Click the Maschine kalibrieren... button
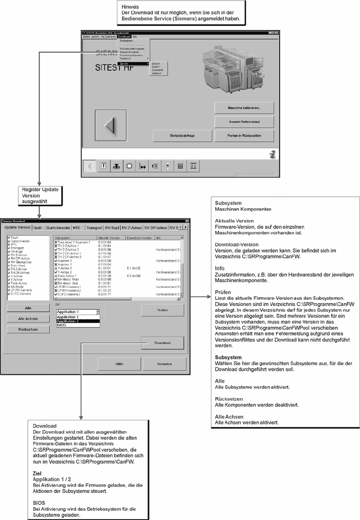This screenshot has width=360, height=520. (x=244, y=108)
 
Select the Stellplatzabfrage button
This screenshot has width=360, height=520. (x=182, y=136)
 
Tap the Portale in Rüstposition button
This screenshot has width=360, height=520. (x=244, y=136)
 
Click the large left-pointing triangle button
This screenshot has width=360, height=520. (x=110, y=125)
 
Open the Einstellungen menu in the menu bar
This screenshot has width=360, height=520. (x=124, y=36)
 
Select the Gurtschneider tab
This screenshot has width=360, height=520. (x=58, y=228)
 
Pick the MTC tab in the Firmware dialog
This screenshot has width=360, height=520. (x=77, y=228)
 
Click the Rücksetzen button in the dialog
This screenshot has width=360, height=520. (x=28, y=329)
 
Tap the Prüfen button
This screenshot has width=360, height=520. (x=162, y=310)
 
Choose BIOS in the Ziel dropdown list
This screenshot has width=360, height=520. (x=61, y=325)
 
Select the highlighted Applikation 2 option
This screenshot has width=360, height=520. (x=68, y=321)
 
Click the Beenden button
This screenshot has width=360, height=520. (x=164, y=364)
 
